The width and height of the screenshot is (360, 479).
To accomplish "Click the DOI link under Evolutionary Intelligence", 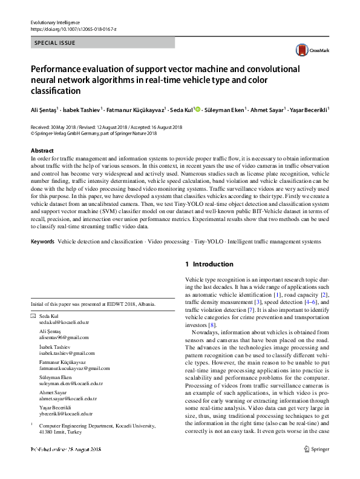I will pos(73,29).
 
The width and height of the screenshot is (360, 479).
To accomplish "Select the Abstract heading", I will pos(42,150).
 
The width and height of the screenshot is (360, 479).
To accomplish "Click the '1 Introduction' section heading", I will pos(209,264).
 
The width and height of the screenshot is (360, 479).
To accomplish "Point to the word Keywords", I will pos(42,242).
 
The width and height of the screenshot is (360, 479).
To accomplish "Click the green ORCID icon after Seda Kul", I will pos(197,110).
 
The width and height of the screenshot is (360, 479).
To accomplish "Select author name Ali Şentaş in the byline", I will pos(44,111).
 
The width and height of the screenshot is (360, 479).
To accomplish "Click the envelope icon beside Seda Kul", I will pos(33,317).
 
